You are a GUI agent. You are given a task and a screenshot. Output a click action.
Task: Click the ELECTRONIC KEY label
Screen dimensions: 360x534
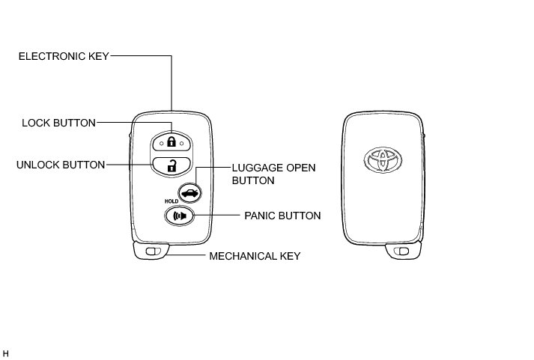(x=64, y=55)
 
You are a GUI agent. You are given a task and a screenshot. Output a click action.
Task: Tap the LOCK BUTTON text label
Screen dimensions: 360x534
(x=58, y=123)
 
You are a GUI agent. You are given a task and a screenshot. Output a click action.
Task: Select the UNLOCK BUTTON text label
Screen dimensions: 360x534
(x=61, y=165)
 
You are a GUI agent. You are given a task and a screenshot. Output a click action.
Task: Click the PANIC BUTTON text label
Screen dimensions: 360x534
(x=282, y=216)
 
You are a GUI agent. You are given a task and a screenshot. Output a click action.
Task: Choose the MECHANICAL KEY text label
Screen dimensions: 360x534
(x=255, y=256)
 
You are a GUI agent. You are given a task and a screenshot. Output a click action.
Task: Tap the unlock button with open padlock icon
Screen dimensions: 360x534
(x=172, y=165)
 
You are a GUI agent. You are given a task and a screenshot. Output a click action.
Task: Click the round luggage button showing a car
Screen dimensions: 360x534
(x=191, y=192)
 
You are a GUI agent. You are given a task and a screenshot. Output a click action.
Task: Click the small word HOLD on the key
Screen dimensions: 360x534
(x=171, y=201)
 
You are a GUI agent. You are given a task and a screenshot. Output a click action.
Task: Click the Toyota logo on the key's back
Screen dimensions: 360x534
(x=383, y=159)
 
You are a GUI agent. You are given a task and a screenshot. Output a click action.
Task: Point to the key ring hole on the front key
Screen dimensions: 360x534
(x=154, y=252)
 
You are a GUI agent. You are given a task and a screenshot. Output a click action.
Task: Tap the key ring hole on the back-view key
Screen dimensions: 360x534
(x=404, y=252)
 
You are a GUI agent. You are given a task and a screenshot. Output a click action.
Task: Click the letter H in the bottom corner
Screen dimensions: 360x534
(x=6, y=352)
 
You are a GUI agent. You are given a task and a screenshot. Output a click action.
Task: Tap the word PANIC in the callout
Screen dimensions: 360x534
(x=260, y=216)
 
